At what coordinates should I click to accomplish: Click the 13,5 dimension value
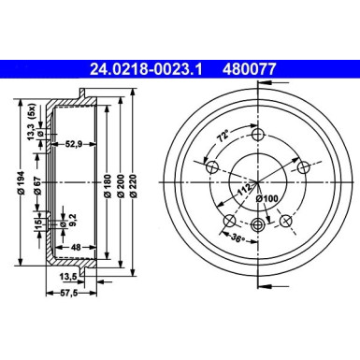pyautogui.click(x=69, y=277)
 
